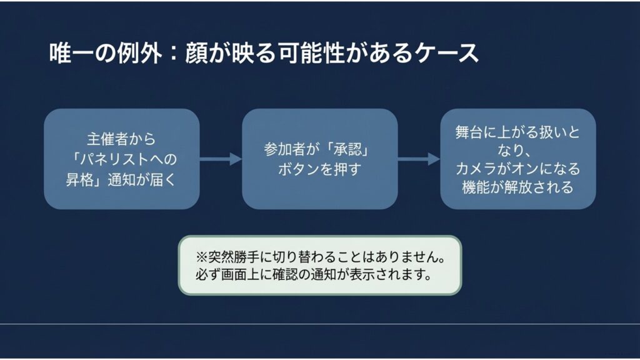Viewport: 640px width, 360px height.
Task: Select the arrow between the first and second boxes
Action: [221, 159]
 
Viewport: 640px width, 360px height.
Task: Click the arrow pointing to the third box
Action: [419, 159]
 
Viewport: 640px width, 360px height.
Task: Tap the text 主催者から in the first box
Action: [121, 137]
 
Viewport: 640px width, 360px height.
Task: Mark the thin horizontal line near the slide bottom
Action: [320, 324]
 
